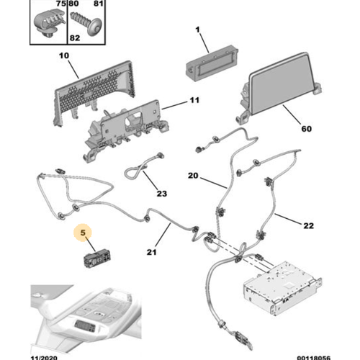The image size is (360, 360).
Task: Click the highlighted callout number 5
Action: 83,233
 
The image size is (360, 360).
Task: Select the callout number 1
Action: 197,30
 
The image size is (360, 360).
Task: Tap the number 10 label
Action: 64,55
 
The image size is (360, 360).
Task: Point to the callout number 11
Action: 194,100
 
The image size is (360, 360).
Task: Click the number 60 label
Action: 307,129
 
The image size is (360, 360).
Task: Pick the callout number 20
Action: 193,176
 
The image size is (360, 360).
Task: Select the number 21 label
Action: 151,252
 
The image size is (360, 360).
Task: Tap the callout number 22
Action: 308,225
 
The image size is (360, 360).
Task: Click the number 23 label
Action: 162,194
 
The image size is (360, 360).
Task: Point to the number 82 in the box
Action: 75,38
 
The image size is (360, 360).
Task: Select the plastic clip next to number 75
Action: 49,23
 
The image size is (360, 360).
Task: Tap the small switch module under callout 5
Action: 96,258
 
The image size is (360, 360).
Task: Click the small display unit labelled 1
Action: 212,63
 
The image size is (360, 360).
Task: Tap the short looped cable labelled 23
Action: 142,167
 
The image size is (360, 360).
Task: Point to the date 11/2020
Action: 44,358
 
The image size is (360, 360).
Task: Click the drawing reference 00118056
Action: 313,358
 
